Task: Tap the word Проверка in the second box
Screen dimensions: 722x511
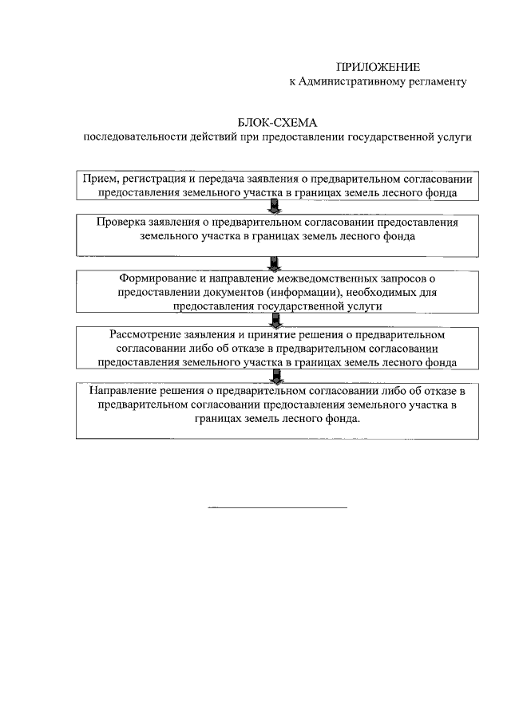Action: (x=121, y=223)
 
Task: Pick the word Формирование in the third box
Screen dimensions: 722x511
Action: (x=155, y=279)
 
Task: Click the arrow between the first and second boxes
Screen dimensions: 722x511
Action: (x=275, y=207)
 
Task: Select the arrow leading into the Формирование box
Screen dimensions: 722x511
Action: (x=275, y=262)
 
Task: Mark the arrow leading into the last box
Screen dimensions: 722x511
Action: (x=275, y=377)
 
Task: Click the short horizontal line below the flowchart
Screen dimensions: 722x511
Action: (x=277, y=507)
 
